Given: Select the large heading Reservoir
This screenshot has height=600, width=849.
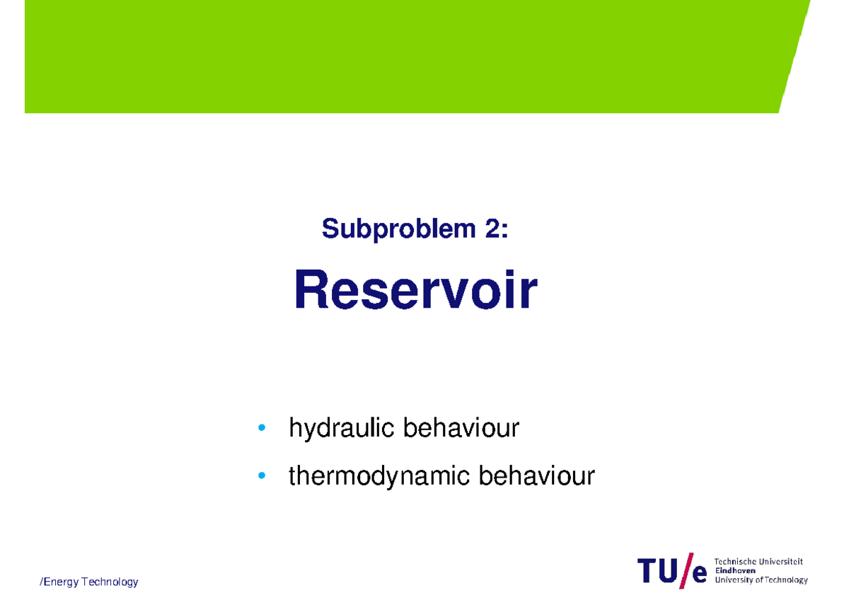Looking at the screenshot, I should pyautogui.click(x=415, y=291).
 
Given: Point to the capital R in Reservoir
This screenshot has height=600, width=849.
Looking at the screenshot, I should pyautogui.click(x=311, y=291).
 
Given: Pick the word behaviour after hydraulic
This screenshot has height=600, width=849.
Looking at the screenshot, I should pyautogui.click(x=461, y=428).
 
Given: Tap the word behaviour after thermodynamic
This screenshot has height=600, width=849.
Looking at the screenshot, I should pyautogui.click(x=537, y=476).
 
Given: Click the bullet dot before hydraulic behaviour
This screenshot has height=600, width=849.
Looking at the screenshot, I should pyautogui.click(x=262, y=428).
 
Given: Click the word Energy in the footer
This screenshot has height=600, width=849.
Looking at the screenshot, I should pyautogui.click(x=61, y=582).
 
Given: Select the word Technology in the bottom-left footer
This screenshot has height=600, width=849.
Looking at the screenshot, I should pyautogui.click(x=110, y=582).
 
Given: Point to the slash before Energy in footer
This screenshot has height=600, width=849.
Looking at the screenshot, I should pyautogui.click(x=41, y=582).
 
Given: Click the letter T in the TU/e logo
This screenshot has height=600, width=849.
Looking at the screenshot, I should pyautogui.click(x=648, y=572).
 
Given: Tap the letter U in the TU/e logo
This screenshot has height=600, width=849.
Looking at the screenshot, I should pyautogui.click(x=669, y=572).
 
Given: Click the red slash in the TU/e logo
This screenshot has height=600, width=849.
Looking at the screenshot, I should pyautogui.click(x=686, y=571).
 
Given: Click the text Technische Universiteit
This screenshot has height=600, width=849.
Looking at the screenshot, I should pyautogui.click(x=758, y=562).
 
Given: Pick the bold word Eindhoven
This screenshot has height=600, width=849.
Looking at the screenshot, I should pyautogui.click(x=735, y=570).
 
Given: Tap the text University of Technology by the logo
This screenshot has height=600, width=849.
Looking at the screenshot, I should pyautogui.click(x=761, y=579).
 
